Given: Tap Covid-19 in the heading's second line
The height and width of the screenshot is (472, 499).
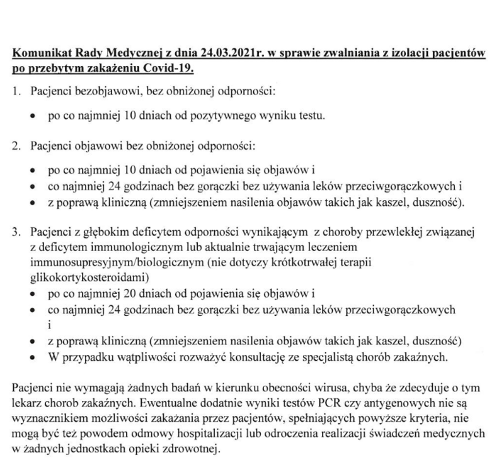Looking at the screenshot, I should click(x=152, y=67).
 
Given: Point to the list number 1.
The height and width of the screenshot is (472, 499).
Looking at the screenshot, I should click(x=16, y=93).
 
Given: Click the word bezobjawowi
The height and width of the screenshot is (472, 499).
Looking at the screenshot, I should click(x=98, y=93).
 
